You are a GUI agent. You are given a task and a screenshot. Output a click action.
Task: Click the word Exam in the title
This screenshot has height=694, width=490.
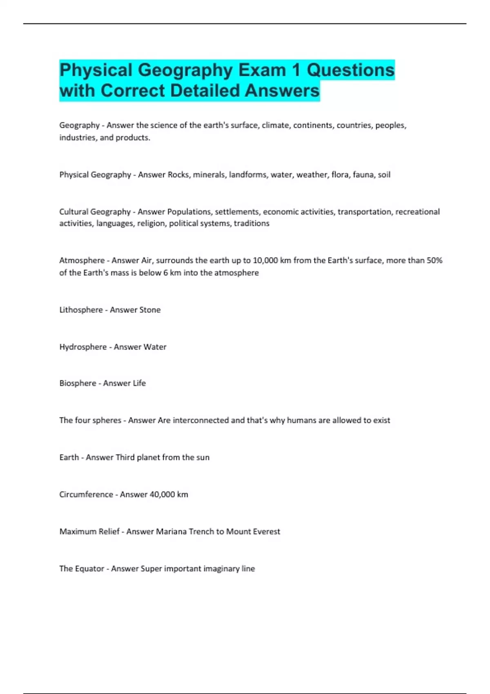point(262,70)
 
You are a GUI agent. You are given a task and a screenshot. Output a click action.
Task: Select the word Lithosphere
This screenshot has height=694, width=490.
point(81,310)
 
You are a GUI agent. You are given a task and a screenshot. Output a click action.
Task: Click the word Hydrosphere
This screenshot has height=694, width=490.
point(83,347)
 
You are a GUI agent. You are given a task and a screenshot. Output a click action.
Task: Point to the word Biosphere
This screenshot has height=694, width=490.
point(78,383)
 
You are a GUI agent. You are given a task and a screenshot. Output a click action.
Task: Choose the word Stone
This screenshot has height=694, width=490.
point(150,310)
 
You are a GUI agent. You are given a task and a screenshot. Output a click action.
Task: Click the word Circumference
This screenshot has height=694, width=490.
point(86,494)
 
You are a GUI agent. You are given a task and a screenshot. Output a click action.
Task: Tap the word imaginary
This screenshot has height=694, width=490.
point(222,569)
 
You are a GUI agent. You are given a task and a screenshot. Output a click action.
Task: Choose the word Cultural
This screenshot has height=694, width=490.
point(73,212)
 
